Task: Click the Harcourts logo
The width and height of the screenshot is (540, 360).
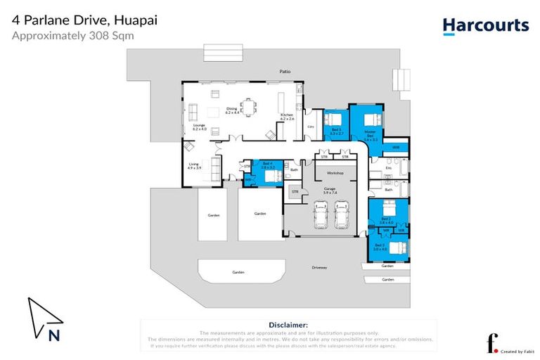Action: pyautogui.click(x=485, y=26)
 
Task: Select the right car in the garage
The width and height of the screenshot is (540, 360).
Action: pyautogui.click(x=342, y=214)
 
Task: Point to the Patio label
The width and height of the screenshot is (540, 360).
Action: pyautogui.click(x=284, y=72)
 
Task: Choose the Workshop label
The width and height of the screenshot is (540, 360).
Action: pyautogui.click(x=334, y=172)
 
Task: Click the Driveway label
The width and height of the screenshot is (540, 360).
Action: pyautogui.click(x=320, y=267)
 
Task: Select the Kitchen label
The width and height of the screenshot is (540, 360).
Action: pyautogui.click(x=287, y=117)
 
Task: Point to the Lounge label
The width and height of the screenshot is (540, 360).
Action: pyautogui.click(x=200, y=127)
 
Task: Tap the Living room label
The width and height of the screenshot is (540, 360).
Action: pyautogui.click(x=194, y=166)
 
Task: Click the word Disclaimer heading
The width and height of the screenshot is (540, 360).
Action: pyautogui.click(x=288, y=325)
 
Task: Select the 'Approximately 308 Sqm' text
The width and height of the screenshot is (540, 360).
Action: pyautogui.click(x=73, y=34)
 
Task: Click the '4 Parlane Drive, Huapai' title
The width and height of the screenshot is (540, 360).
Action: pyautogui.click(x=84, y=20)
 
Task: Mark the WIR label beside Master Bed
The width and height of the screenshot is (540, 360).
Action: pyautogui.click(x=396, y=147)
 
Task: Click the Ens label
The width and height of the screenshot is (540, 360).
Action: pyautogui.click(x=388, y=169)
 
